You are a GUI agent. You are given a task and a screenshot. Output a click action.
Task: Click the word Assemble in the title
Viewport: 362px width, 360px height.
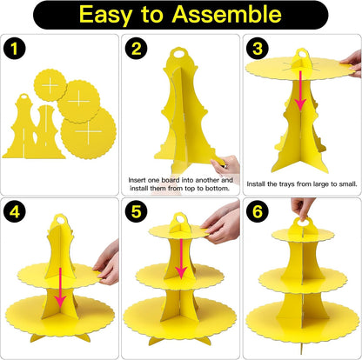coord(226,14)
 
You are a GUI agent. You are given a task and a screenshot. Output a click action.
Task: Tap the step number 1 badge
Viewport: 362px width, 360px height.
coord(15,49)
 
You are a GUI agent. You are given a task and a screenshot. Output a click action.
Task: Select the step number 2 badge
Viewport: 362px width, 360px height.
coord(136,49)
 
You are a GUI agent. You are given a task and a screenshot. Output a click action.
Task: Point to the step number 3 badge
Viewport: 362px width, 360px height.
coord(258,49)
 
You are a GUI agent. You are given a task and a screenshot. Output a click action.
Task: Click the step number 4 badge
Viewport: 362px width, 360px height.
coord(15,211)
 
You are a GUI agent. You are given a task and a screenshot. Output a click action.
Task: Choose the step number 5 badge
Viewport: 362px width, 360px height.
coord(136,211)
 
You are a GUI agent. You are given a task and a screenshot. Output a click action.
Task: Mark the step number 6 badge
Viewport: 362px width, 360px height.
coord(258,211)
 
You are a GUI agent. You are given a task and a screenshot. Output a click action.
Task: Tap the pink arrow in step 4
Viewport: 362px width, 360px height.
coord(60,287)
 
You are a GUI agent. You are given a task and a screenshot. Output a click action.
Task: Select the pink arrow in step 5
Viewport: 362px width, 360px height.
coord(181,258)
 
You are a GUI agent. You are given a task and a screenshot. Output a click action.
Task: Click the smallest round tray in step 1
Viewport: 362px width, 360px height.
coord(50,85)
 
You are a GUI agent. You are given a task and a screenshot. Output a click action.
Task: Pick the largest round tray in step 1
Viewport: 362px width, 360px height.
coord(89,133)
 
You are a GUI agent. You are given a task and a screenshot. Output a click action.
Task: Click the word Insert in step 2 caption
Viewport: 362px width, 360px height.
coord(137,180)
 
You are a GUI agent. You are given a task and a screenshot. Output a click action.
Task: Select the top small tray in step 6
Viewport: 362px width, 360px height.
coord(303,234)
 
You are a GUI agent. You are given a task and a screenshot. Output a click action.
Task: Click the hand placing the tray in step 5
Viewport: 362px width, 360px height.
coord(222,223)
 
